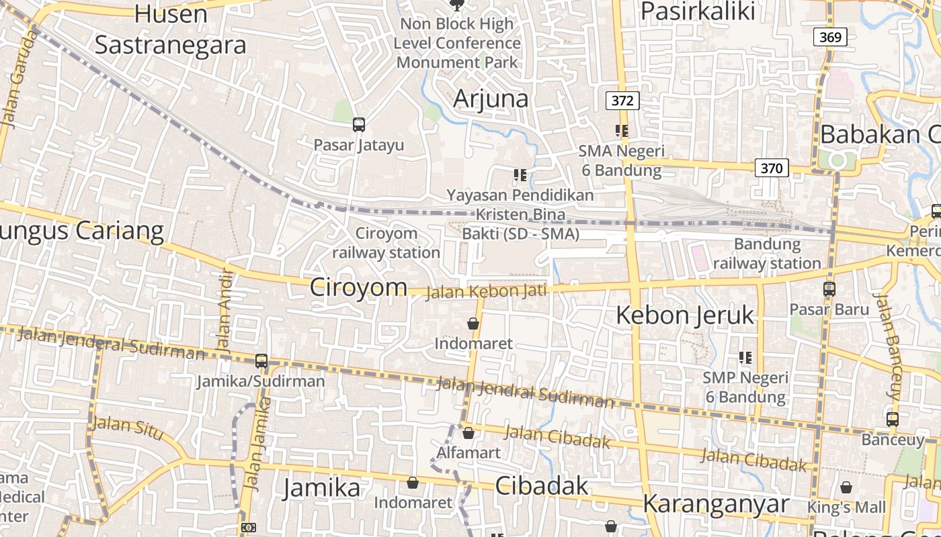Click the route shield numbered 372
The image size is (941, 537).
pyautogui.click(x=622, y=101)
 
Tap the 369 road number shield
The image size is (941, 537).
pyautogui.click(x=830, y=37)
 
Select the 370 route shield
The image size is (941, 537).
pyautogui.click(x=771, y=168)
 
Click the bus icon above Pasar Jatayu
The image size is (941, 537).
pyautogui.click(x=359, y=124)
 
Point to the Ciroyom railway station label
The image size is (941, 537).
pyautogui.click(x=386, y=243)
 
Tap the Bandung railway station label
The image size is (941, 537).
pyautogui.click(x=767, y=254)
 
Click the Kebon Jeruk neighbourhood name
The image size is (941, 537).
pyautogui.click(x=685, y=315)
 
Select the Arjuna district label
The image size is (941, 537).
pyautogui.click(x=491, y=99)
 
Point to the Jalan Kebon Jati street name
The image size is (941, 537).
pyautogui.click(x=487, y=291)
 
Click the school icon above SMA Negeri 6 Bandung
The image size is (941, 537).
pyautogui.click(x=622, y=131)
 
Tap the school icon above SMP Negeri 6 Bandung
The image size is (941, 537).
pyautogui.click(x=745, y=358)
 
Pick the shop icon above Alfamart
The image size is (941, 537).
pyautogui.click(x=468, y=433)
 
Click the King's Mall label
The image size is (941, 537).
pyautogui.click(x=846, y=507)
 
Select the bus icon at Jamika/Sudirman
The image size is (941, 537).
pyautogui.click(x=261, y=361)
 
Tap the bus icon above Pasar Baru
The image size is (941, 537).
pyautogui.click(x=829, y=289)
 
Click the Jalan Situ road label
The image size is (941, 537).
pyautogui.click(x=128, y=428)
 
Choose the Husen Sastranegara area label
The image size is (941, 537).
pyautogui.click(x=170, y=30)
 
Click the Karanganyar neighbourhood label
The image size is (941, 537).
pyautogui.click(x=716, y=503)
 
